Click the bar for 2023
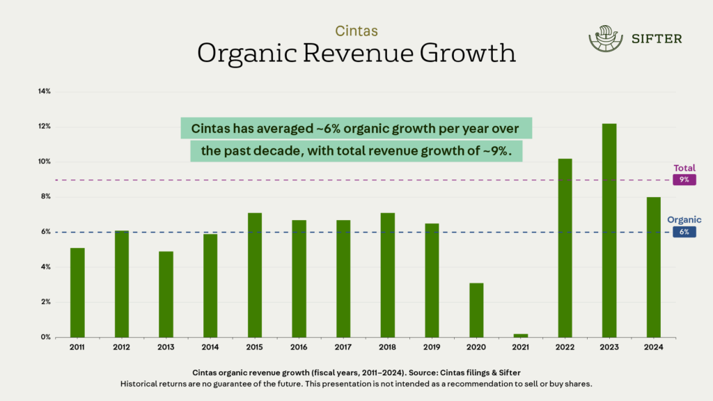coord(609,230)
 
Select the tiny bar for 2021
coord(520,335)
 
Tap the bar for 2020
coord(476,310)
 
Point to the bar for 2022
coord(565,248)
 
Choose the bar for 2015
coord(255,275)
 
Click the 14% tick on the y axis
coord(44,91)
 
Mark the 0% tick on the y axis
coord(45,337)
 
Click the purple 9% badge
coord(684,180)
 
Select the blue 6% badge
coord(684,232)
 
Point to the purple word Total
coord(684,168)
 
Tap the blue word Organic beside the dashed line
coord(684,220)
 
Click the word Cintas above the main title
coord(356,31)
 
